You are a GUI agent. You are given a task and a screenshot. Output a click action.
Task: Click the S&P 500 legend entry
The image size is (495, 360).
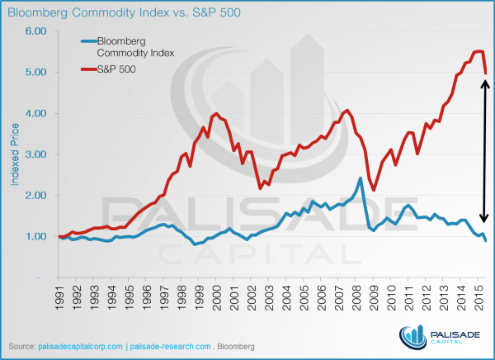coord(116,69)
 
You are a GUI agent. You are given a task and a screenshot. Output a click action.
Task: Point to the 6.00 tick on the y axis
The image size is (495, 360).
coord(35,31)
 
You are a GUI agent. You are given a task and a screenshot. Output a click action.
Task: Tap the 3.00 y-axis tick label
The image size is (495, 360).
coord(35,154)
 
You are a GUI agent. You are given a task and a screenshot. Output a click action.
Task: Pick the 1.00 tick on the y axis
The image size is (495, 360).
coord(35,237)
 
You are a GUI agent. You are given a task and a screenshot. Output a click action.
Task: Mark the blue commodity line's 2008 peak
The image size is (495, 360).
coord(361,178)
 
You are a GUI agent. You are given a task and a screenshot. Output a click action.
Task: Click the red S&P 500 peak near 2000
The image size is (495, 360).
coord(216,114)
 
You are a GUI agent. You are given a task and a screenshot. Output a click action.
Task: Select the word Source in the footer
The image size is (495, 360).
coord(21,344)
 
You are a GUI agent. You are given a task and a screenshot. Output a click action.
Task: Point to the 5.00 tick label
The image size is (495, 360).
coord(35,72)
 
